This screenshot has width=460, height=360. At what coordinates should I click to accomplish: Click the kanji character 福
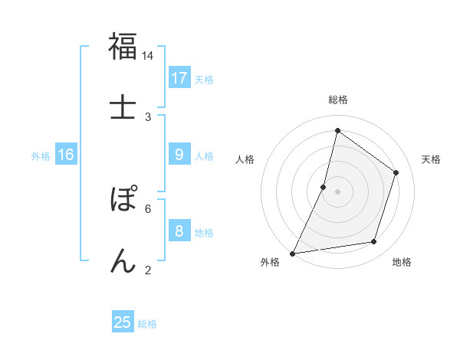[x=123, y=47]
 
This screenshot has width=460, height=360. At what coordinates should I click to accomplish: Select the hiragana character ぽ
[x=123, y=201]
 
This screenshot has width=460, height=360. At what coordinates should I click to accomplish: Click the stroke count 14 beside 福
[x=148, y=56]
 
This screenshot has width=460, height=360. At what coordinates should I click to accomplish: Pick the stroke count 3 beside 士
[x=148, y=116]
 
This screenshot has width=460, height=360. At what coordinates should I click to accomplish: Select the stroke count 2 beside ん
[x=148, y=270]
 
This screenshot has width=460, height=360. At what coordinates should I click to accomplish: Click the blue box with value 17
[x=179, y=78]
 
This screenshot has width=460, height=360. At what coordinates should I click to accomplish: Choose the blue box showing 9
[x=179, y=155]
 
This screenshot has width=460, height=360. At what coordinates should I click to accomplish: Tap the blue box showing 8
[x=179, y=231]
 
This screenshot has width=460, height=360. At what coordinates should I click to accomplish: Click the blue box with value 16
[x=66, y=155]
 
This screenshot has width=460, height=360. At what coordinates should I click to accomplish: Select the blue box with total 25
[x=123, y=322]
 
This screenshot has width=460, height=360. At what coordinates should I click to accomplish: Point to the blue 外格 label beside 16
[x=41, y=156]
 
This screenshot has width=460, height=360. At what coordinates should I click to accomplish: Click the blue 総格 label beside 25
[x=147, y=324]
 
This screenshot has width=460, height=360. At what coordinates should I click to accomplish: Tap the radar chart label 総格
[x=337, y=100]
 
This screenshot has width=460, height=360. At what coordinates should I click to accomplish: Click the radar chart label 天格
[x=431, y=159]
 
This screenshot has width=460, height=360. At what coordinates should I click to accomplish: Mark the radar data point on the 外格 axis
[x=293, y=253]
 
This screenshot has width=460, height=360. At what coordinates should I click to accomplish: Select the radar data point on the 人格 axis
[x=324, y=187]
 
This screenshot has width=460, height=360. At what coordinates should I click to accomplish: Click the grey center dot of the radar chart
[x=337, y=191]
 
